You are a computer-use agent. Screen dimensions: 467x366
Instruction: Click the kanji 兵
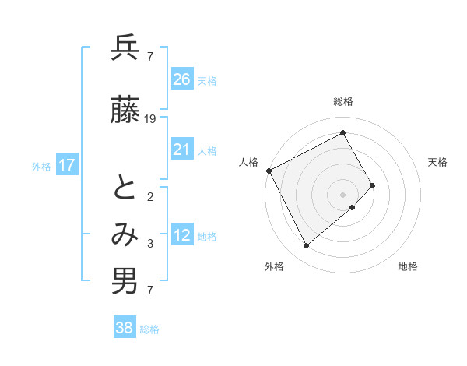click(125, 48)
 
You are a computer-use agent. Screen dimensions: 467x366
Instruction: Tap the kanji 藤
click(125, 111)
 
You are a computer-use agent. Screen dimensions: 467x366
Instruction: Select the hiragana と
click(125, 188)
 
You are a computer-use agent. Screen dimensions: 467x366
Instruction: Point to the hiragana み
click(125, 233)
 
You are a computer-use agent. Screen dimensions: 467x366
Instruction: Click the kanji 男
click(125, 281)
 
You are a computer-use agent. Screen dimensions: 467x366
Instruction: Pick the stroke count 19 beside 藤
click(150, 119)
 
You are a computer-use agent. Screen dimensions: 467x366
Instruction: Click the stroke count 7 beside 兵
click(149, 56)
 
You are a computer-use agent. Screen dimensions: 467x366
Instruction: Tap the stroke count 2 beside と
click(149, 196)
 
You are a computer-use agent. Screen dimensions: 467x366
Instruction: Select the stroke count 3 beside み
click(149, 245)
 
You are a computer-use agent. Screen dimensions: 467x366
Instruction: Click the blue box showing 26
click(181, 79)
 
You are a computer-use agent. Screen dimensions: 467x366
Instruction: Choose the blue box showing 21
click(181, 150)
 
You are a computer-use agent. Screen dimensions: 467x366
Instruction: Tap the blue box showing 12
click(181, 236)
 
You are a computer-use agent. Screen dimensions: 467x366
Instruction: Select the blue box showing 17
click(67, 165)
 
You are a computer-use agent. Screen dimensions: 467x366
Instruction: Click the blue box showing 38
click(124, 329)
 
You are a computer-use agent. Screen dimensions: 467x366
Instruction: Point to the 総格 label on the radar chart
click(342, 101)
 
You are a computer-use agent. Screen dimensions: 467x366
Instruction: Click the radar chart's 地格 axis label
click(408, 266)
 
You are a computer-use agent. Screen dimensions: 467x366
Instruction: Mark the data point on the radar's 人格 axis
click(269, 171)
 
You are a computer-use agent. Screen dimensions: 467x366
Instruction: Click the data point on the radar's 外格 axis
click(306, 246)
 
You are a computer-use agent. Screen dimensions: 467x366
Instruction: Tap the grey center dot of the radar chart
click(342, 194)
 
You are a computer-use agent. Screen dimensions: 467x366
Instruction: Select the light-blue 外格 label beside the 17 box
click(41, 166)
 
